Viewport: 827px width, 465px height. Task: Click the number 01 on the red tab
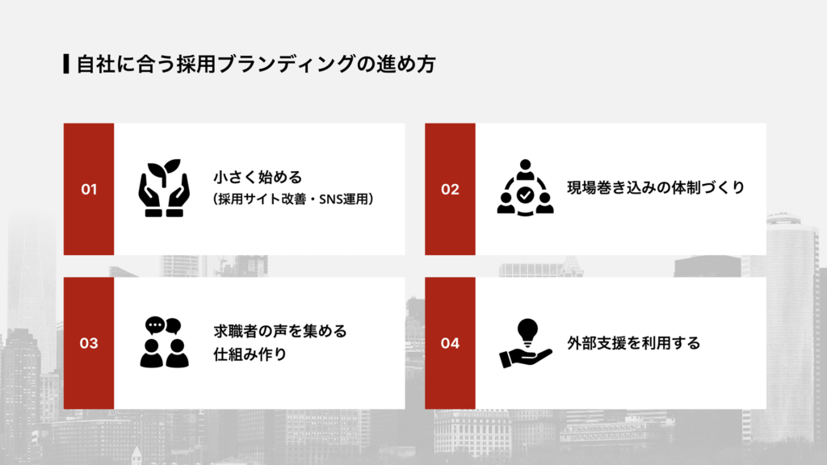click(x=89, y=190)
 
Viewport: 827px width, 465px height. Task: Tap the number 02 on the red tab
click(x=450, y=190)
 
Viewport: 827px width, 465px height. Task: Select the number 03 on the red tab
click(x=89, y=343)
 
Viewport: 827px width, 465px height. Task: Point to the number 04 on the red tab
click(x=450, y=343)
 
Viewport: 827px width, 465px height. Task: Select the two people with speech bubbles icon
click(x=164, y=342)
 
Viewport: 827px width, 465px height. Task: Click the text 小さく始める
click(x=257, y=178)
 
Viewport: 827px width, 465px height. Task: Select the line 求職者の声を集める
click(x=279, y=331)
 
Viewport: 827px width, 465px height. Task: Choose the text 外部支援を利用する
click(x=633, y=343)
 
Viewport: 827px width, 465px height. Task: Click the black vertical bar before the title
click(x=65, y=64)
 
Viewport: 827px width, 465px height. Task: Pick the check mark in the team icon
click(x=525, y=195)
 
